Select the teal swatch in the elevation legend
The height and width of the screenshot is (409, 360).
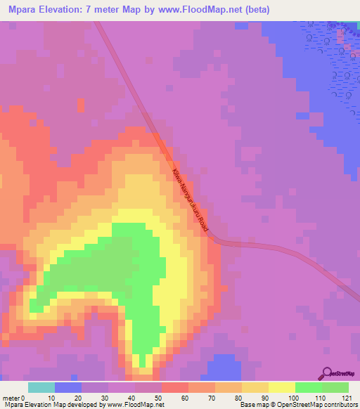41,387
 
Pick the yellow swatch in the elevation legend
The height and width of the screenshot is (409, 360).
281,387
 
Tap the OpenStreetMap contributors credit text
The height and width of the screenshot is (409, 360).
309,405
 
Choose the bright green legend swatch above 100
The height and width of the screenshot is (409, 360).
308,387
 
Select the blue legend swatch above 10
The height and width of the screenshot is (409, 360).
67,387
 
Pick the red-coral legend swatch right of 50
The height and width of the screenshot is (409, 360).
174,387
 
